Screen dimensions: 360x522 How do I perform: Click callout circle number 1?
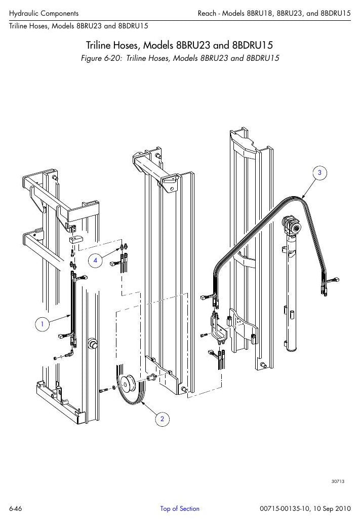coord(42,324)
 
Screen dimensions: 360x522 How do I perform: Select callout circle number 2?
coord(162,419)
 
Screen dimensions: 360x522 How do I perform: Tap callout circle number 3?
coord(319,172)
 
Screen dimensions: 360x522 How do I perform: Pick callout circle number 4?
coord(95,260)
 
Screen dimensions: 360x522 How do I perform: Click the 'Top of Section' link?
coord(180,508)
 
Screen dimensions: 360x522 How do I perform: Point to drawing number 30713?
coord(338,481)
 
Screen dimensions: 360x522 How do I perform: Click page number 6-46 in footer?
coord(16,509)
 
